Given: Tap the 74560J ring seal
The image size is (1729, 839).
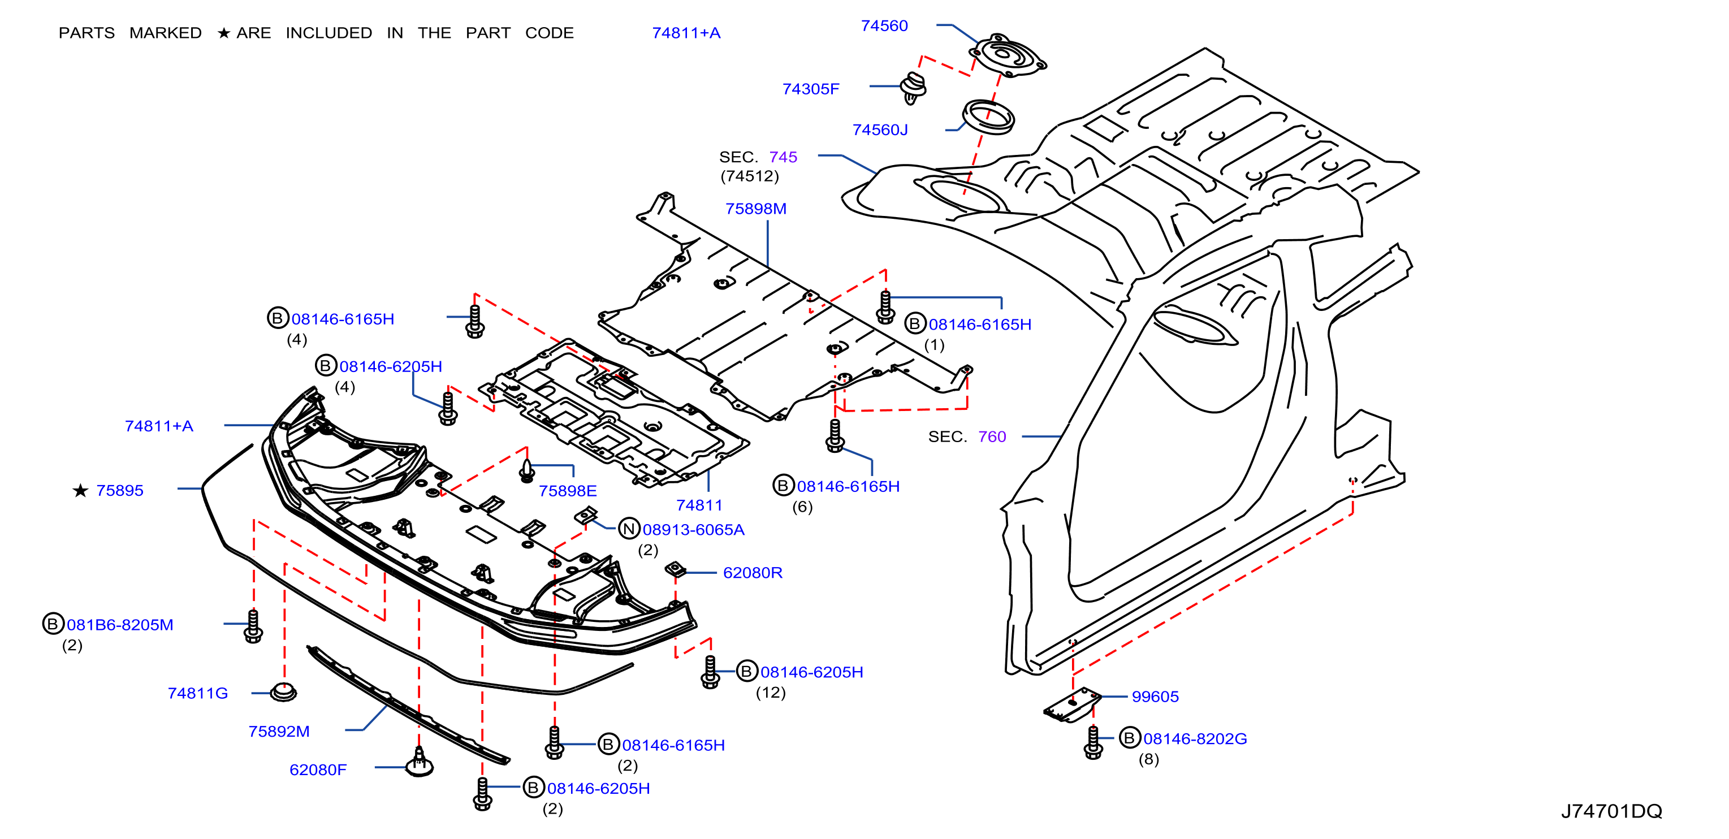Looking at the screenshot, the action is [x=988, y=117].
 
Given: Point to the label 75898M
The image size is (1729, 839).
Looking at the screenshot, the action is [x=756, y=209].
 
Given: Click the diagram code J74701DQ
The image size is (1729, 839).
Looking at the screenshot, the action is [x=1611, y=811].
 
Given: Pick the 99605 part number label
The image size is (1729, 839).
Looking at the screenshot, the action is [x=1155, y=697].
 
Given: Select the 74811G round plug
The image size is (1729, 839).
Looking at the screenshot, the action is [x=283, y=692].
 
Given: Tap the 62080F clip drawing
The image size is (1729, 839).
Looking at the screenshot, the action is [x=420, y=763].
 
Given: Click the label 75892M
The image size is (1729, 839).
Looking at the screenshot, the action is [x=279, y=732].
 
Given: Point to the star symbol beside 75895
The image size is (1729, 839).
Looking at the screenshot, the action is [x=80, y=491].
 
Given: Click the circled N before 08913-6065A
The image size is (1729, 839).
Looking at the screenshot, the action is [x=628, y=529].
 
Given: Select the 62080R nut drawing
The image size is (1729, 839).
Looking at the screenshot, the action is [x=675, y=570].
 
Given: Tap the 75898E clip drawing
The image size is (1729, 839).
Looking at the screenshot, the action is [x=528, y=470].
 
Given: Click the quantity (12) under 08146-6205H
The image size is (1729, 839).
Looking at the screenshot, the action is [x=771, y=693].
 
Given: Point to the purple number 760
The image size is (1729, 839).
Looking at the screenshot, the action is [x=992, y=437].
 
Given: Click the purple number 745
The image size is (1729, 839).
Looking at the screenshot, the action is [x=783, y=157].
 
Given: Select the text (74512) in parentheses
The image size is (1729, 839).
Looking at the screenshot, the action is [x=750, y=176].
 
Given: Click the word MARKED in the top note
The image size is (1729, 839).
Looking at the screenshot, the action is [x=165, y=33].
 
